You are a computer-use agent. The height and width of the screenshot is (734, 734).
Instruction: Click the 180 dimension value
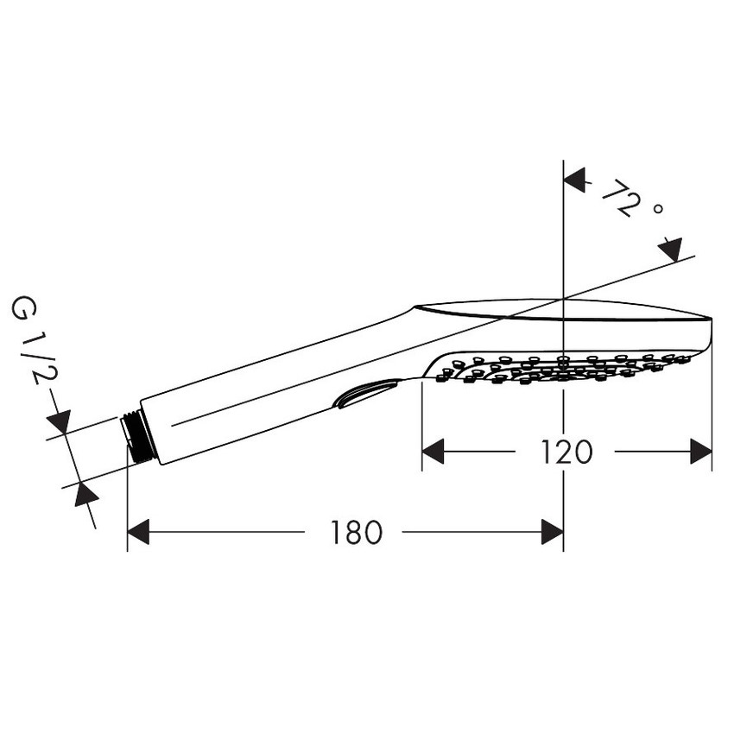point(357,533)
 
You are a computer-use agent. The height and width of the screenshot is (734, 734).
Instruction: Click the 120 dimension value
point(566,452)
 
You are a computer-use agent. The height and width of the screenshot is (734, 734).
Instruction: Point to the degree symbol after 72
point(658,209)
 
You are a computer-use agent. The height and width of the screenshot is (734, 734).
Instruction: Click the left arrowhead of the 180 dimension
point(138,532)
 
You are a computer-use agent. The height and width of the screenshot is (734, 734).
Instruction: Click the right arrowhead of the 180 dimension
point(553,532)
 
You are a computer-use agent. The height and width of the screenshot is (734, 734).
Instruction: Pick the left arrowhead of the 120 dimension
point(433,452)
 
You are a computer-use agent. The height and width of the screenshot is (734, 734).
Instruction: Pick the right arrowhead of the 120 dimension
point(701,452)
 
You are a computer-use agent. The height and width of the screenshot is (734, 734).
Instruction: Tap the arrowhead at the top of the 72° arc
point(575,180)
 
